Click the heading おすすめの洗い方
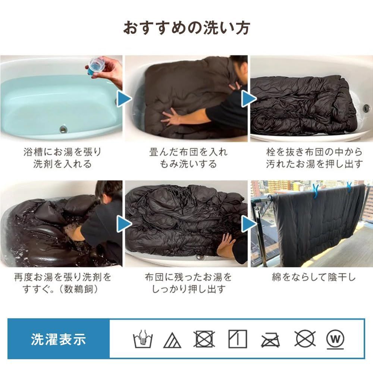tap(186, 28)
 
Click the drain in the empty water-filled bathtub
tap(64, 129)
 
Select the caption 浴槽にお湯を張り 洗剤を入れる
tap(62, 158)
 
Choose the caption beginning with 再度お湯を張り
tap(62, 283)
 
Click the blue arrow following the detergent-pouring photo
tap(124, 99)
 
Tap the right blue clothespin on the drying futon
tap(350, 186)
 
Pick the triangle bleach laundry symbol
tap(172, 340)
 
